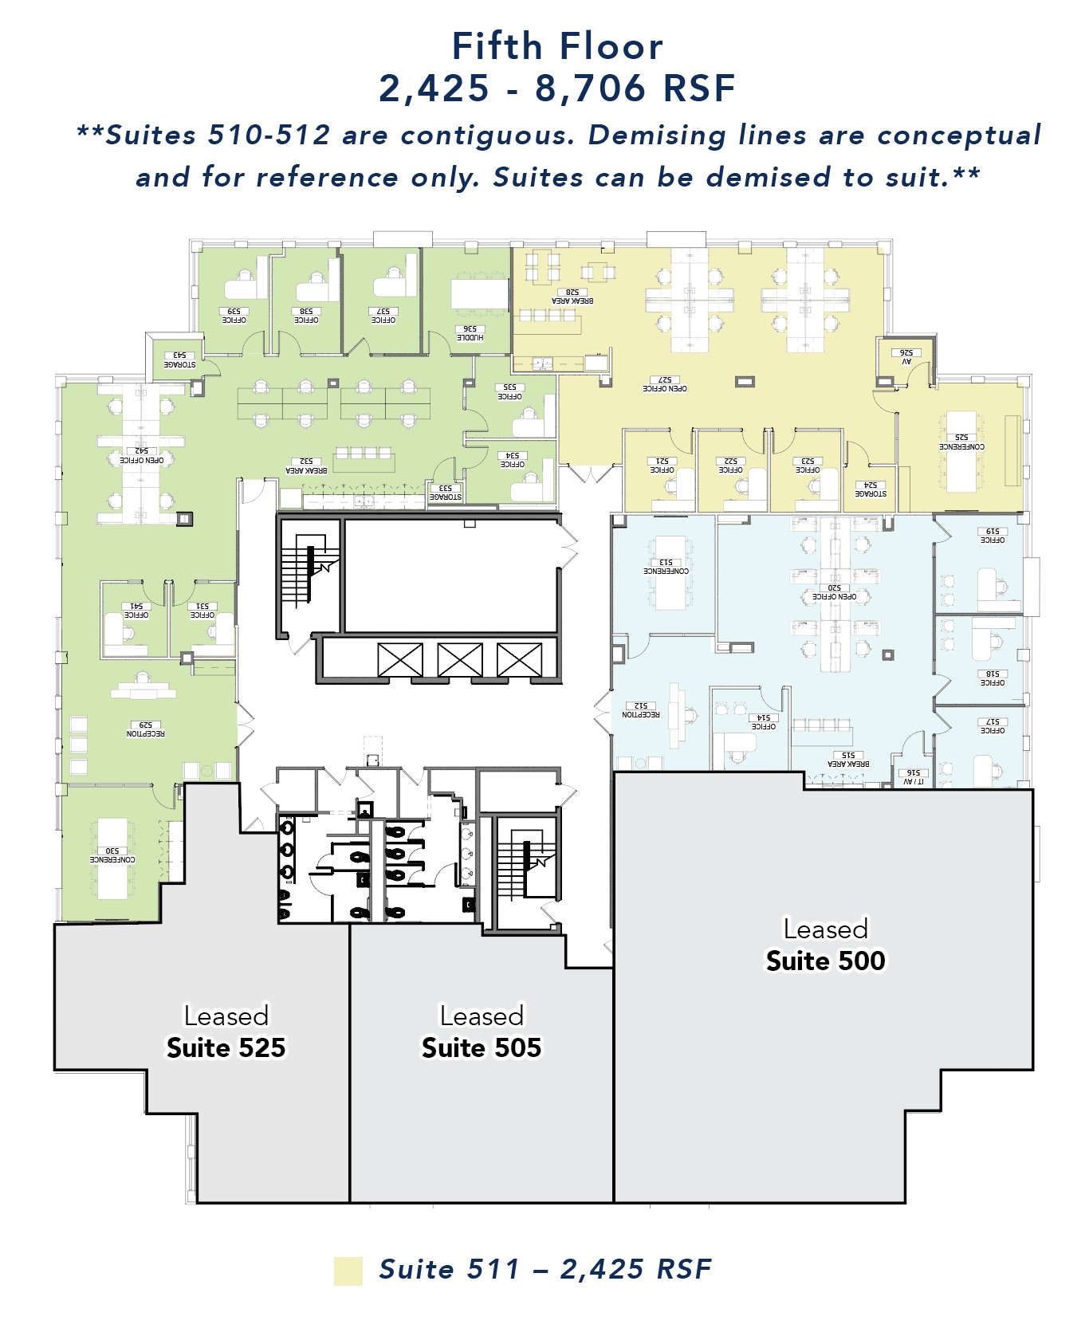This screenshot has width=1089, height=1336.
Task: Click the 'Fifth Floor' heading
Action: pyautogui.click(x=556, y=46)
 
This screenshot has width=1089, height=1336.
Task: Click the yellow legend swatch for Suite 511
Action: pyautogui.click(x=348, y=1271)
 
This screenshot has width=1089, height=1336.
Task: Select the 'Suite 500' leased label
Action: pyautogui.click(x=825, y=961)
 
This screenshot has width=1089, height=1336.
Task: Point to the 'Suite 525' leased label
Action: pyautogui.click(x=226, y=1047)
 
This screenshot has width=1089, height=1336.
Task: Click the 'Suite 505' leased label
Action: pyautogui.click(x=482, y=1047)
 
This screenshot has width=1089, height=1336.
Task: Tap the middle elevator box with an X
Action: pyautogui.click(x=460, y=660)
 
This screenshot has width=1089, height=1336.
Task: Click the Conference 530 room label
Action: pyautogui.click(x=112, y=855)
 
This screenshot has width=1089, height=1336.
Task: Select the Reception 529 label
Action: pyautogui.click(x=145, y=729)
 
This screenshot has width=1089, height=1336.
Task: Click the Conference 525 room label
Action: pyautogui.click(x=961, y=442)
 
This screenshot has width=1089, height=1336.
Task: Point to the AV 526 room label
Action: pyautogui.click(x=906, y=356)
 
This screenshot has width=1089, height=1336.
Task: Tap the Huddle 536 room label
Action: pyautogui.click(x=470, y=333)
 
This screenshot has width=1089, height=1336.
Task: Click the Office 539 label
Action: pyautogui.click(x=234, y=316)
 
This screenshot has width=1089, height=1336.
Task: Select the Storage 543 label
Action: pyautogui.click(x=179, y=360)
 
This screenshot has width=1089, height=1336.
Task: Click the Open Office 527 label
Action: pyautogui.click(x=665, y=384)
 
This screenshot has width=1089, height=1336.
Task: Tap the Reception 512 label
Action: pyautogui.click(x=640, y=710)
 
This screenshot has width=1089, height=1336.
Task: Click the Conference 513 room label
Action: pyautogui.click(x=666, y=567)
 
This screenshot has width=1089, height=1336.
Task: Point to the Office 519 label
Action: pyautogui.click(x=993, y=536)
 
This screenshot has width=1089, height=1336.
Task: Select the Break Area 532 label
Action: pyautogui.click(x=306, y=466)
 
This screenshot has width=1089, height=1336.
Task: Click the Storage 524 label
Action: pyautogui.click(x=871, y=489)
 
